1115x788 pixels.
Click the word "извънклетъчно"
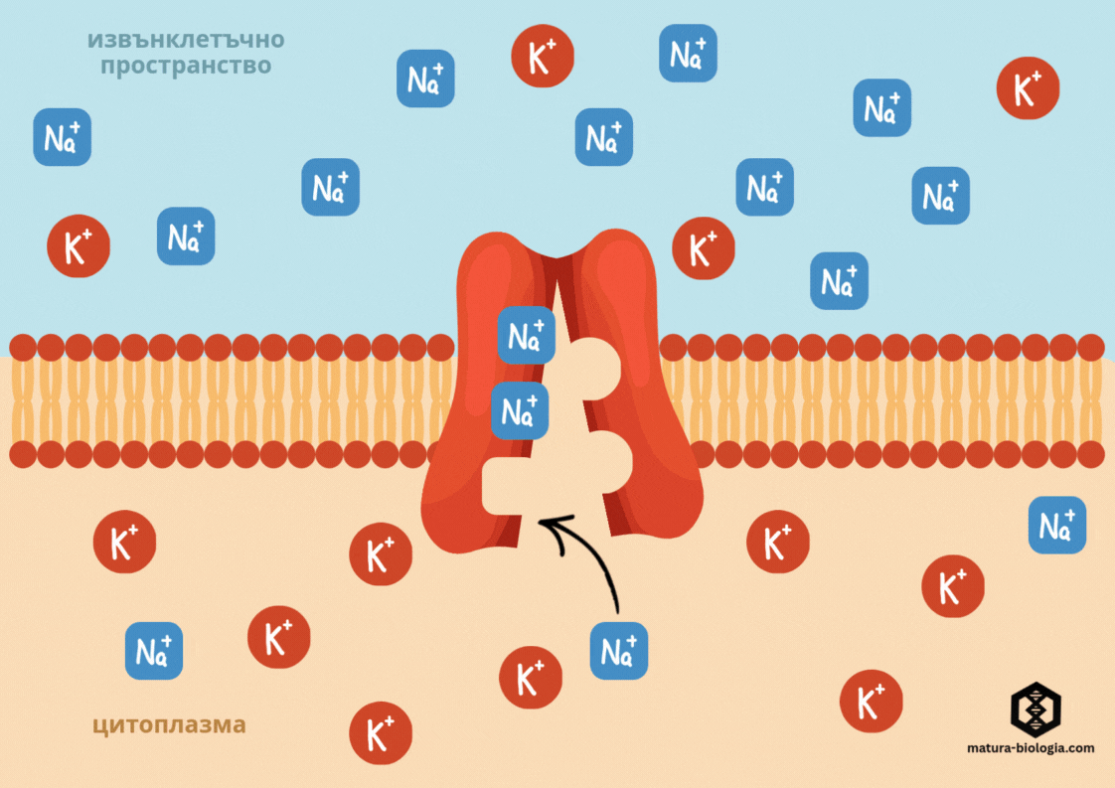186,41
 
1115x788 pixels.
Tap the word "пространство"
186,68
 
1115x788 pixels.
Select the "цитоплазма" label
169,724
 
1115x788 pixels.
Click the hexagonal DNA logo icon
1036,709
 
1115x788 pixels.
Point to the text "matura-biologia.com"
1031,747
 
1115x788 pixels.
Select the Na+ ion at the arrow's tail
619,651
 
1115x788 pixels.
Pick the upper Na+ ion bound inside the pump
526,335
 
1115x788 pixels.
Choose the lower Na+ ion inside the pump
520,409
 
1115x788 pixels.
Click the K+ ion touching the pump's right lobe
704,247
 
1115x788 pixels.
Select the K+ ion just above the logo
872,701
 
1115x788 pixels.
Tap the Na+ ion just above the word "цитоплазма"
154,651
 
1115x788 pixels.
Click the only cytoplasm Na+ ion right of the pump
1057,525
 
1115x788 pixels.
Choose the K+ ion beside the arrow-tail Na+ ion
531,678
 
